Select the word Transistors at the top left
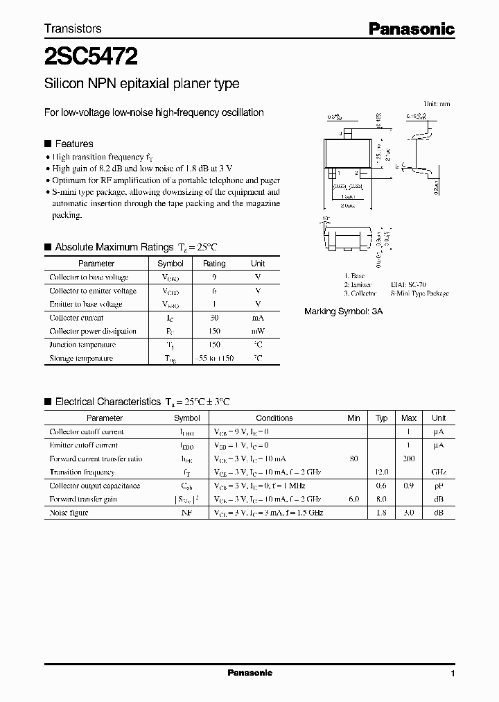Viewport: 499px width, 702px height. [x=73, y=28]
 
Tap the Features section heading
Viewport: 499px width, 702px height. [x=73, y=144]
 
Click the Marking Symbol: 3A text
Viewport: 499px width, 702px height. [x=343, y=311]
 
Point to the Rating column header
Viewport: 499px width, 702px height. [x=214, y=264]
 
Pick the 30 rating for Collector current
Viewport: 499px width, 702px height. [x=214, y=318]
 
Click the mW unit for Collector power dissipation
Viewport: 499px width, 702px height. [x=257, y=331]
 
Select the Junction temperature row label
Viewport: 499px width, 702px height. [x=82, y=345]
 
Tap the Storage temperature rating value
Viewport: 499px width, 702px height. [x=214, y=358]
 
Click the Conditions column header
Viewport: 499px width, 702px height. [x=274, y=418]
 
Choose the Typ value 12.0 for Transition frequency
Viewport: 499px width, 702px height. [x=381, y=472]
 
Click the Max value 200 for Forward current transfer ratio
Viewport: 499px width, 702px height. [x=409, y=459]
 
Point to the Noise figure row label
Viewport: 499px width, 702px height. [x=67, y=513]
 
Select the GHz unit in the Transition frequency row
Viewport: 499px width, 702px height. [x=439, y=472]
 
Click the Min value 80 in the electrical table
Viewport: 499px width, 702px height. [x=354, y=459]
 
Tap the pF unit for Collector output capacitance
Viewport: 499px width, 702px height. [x=439, y=486]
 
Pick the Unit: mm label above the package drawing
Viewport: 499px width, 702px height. [x=437, y=103]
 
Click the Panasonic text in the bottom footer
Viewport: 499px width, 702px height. [x=249, y=674]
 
